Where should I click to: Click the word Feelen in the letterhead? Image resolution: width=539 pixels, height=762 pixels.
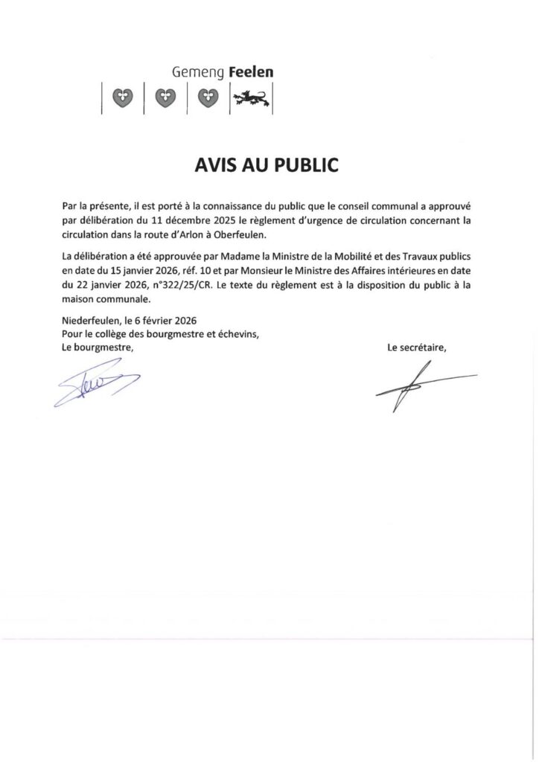coord(251,73)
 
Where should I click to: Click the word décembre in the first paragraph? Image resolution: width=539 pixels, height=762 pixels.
coord(165,221)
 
